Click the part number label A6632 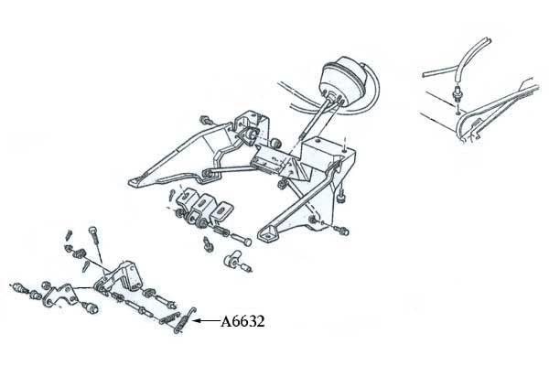242,321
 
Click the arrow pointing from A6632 206,320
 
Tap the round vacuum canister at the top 343,81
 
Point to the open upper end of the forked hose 486,40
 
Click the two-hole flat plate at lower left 60,296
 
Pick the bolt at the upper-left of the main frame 206,120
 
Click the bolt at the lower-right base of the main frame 340,230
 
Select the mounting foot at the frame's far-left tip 137,182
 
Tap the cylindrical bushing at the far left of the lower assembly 18,288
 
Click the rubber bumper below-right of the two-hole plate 91,308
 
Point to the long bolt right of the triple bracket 241,239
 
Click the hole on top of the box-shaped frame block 318,140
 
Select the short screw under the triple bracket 208,244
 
